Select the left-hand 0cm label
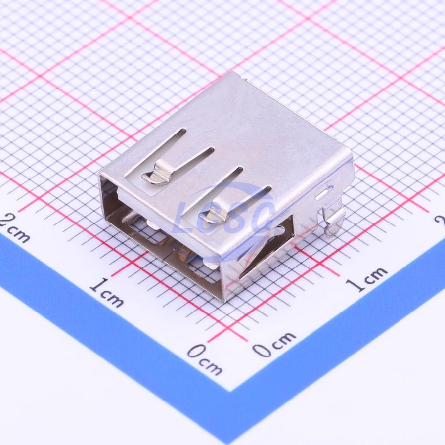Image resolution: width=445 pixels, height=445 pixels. pos(205,359)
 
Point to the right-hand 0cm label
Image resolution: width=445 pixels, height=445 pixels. pos(274,344)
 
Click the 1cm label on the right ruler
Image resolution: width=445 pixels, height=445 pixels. pos(366,279)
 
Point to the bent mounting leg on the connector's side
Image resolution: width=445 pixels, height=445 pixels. pos(333,218)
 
